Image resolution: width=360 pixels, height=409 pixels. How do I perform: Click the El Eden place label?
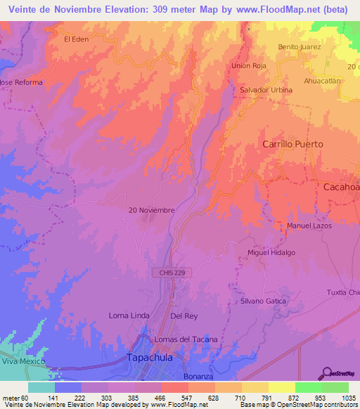pyautogui.click(x=76, y=39)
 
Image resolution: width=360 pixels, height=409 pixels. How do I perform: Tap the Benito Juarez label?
pyautogui.click(x=299, y=47)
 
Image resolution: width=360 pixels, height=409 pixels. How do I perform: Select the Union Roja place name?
pyautogui.click(x=249, y=66)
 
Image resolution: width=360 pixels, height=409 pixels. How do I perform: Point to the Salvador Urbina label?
pyautogui.click(x=266, y=91)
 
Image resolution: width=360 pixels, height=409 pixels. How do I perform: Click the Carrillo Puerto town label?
pyautogui.click(x=292, y=144)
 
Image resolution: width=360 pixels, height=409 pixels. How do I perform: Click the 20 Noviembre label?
pyautogui.click(x=151, y=210)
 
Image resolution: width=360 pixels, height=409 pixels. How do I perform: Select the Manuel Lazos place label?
pyautogui.click(x=309, y=226)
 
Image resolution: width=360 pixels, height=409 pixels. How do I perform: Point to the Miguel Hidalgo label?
pyautogui.click(x=271, y=252)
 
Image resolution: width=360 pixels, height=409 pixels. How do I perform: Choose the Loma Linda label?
pyautogui.click(x=129, y=316)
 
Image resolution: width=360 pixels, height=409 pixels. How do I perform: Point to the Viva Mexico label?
pyautogui.click(x=23, y=361)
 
